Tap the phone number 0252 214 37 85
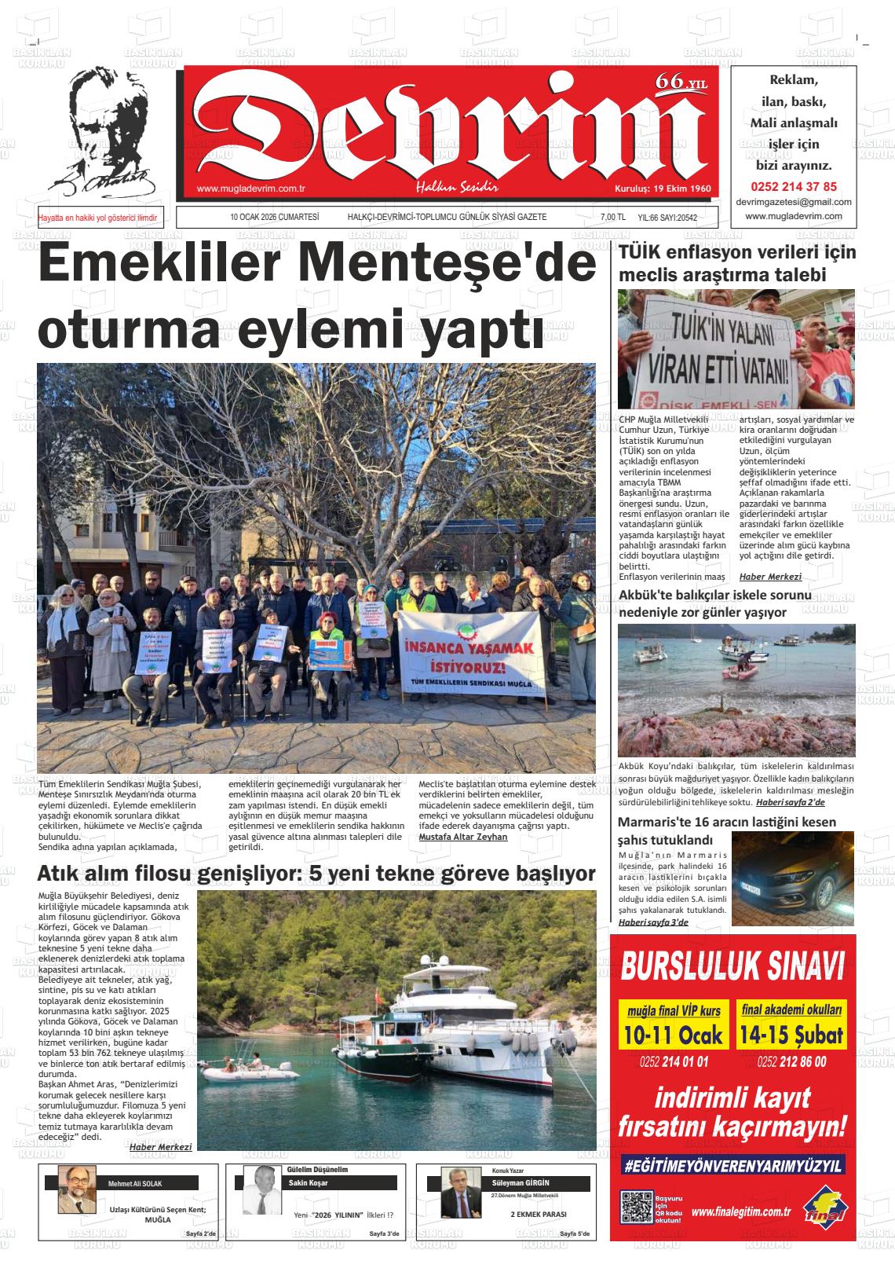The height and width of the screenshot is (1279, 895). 794,187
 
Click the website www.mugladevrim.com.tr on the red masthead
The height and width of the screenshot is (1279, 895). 250,189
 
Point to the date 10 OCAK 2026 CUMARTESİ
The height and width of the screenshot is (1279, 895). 273,217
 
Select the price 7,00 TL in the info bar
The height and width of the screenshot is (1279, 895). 612,218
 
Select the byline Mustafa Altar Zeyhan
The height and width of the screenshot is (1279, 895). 463,837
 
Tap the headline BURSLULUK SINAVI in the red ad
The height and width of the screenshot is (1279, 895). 732,966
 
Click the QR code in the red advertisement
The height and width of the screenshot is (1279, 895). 636,1208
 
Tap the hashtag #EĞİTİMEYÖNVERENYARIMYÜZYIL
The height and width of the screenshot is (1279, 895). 732,1166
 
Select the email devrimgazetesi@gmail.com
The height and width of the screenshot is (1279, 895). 794,202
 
